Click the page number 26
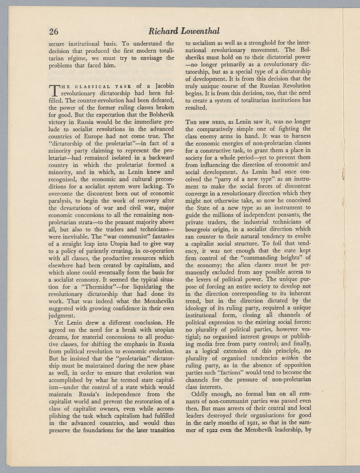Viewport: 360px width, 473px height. [54, 31]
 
